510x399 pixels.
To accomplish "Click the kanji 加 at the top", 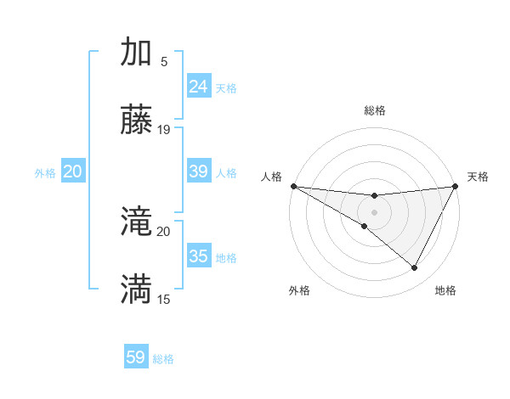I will pyautogui.click(x=137, y=52).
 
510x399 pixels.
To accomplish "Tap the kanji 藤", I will pyautogui.click(x=137, y=121).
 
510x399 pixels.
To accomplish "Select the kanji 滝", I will pyautogui.click(x=137, y=223).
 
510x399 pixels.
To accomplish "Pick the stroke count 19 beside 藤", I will pyautogui.click(x=164, y=130).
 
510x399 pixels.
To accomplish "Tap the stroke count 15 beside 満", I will pyautogui.click(x=164, y=299).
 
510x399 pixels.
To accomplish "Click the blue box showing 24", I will pyautogui.click(x=199, y=87).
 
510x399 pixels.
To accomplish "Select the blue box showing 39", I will pyautogui.click(x=199, y=171).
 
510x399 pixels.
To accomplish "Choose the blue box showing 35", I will pyautogui.click(x=199, y=256).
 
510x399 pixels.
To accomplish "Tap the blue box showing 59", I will pyautogui.click(x=136, y=357).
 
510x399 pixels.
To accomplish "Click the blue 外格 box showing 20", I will pyautogui.click(x=73, y=171).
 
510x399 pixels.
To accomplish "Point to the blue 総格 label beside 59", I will pyautogui.click(x=163, y=359).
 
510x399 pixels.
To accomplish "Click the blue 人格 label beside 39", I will pyautogui.click(x=226, y=173).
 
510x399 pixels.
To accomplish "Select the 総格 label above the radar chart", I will pyautogui.click(x=374, y=110).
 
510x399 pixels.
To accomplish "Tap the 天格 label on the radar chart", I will pyautogui.click(x=479, y=177).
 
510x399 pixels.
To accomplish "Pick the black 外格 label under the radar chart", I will pyautogui.click(x=299, y=290).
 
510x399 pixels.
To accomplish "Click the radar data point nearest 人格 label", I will pyautogui.click(x=293, y=186).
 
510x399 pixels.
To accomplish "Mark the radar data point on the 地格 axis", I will pyautogui.click(x=414, y=267).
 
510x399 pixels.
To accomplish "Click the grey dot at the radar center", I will pyautogui.click(x=374, y=211).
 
